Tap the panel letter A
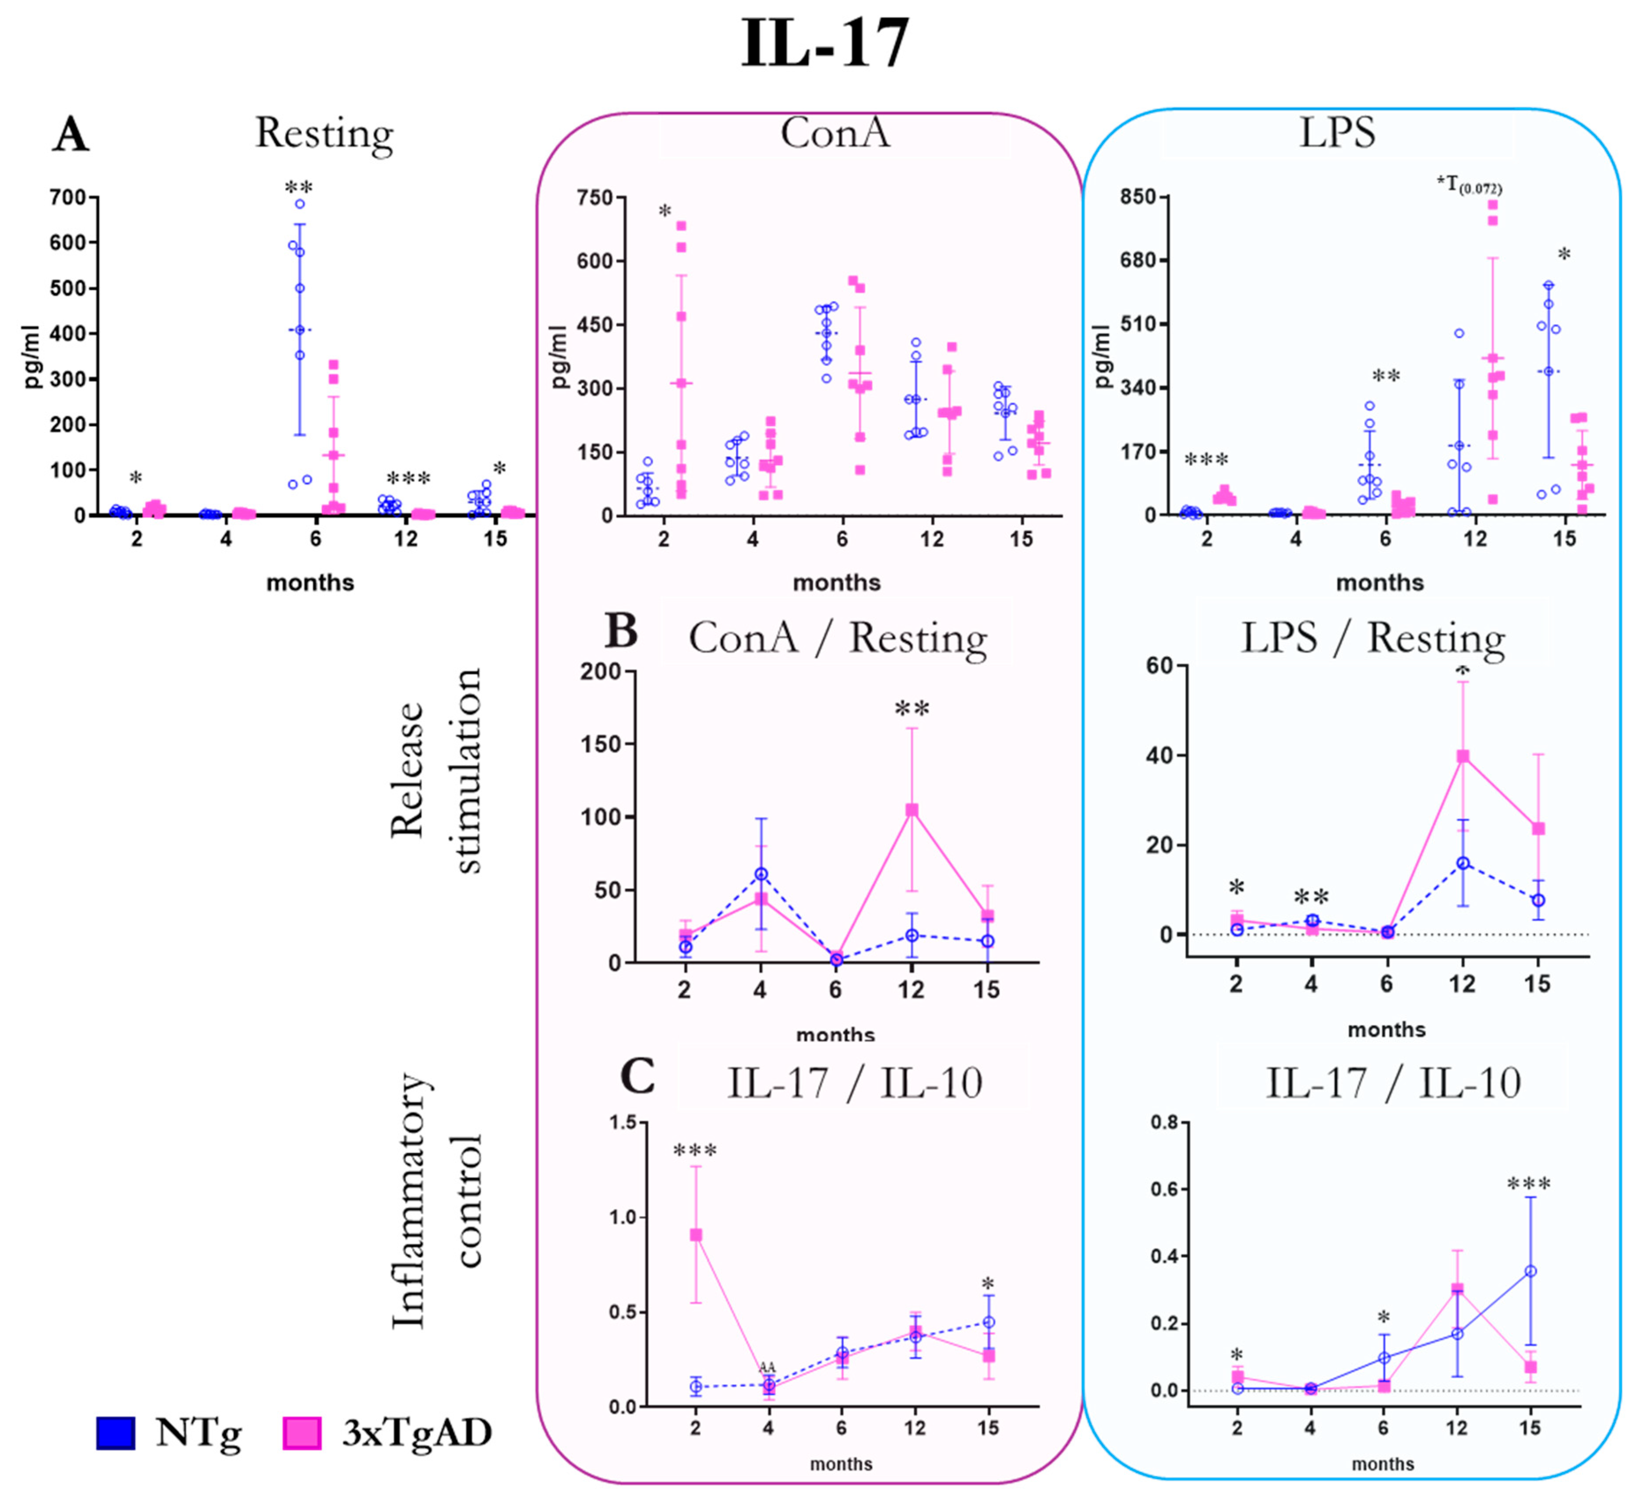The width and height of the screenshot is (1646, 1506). click(x=70, y=135)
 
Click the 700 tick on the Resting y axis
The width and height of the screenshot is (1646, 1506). click(x=68, y=198)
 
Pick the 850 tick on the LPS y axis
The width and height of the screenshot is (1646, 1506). click(x=1138, y=198)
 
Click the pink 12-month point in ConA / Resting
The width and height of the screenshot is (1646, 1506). click(x=911, y=810)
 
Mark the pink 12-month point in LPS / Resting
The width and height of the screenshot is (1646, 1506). click(x=1463, y=756)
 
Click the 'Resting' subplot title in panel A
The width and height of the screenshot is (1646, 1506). click(x=324, y=133)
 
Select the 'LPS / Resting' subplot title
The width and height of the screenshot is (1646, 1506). click(x=1372, y=638)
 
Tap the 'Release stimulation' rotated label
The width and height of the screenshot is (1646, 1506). click(x=437, y=771)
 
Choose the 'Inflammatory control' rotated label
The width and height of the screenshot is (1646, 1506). click(x=437, y=1200)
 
